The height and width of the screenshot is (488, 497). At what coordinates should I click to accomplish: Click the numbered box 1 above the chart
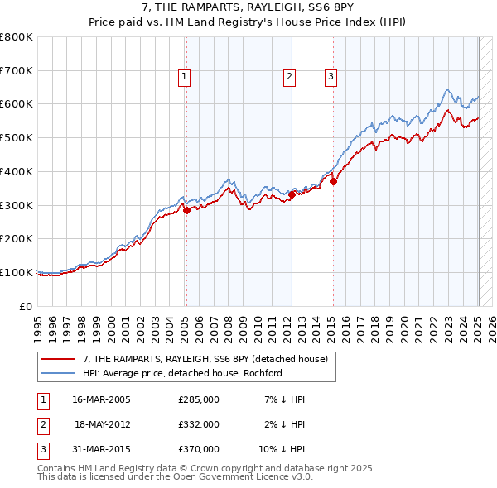(184, 78)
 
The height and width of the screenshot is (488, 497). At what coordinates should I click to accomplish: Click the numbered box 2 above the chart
(290, 78)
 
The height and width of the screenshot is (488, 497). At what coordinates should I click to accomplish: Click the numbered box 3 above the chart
(331, 78)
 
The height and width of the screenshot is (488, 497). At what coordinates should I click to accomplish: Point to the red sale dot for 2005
(186, 210)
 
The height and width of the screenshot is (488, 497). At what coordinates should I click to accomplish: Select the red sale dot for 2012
(292, 194)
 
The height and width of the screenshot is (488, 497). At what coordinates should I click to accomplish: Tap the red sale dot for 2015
(333, 182)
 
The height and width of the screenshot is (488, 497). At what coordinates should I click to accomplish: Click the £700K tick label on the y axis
(17, 71)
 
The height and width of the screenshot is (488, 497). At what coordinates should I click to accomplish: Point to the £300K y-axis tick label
(17, 205)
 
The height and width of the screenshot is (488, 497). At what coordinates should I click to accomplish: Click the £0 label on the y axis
(27, 306)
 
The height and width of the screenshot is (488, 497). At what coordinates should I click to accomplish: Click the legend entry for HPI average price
(182, 373)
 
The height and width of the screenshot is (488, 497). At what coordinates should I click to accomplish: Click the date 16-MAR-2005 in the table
(102, 399)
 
